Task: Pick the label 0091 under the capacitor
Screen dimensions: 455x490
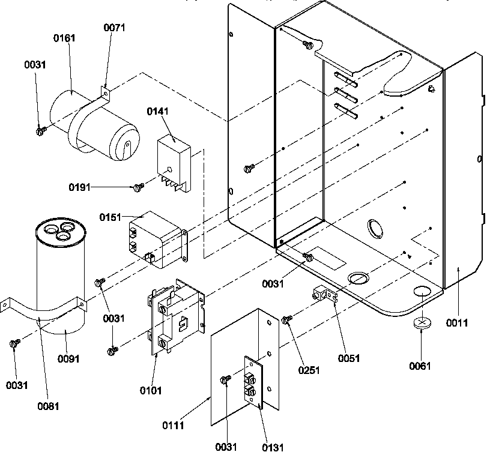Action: click(68, 359)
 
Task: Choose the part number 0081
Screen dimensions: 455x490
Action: click(49, 405)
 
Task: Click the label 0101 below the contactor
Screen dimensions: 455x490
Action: click(151, 391)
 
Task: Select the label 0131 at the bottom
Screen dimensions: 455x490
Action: click(273, 447)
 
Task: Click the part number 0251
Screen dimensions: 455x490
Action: click(309, 370)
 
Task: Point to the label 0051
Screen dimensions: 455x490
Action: click(349, 358)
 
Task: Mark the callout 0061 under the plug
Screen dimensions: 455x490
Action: click(420, 366)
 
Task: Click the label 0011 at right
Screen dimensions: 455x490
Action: click(456, 324)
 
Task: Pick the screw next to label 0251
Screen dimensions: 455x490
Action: click(287, 321)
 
